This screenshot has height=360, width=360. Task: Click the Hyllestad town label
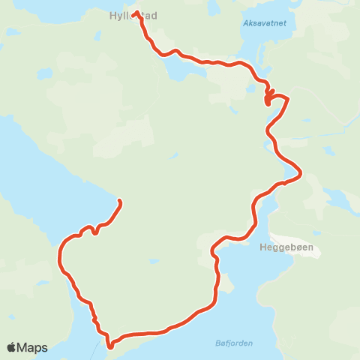pyautogui.click(x=133, y=14)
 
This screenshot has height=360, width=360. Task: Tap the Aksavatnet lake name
pyautogui.click(x=265, y=24)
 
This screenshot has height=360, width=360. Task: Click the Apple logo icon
pyautogui.click(x=11, y=347)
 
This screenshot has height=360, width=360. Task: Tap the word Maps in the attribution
pyautogui.click(x=32, y=347)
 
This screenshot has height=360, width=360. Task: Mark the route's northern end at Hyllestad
pyautogui.click(x=136, y=13)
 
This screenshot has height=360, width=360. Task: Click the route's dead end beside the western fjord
pyautogui.click(x=120, y=201)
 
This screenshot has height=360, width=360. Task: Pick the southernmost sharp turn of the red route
pyautogui.click(x=110, y=346)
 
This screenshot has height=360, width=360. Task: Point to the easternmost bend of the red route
pyautogui.click(x=300, y=174)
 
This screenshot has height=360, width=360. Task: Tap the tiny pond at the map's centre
pyautogui.click(x=173, y=156)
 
